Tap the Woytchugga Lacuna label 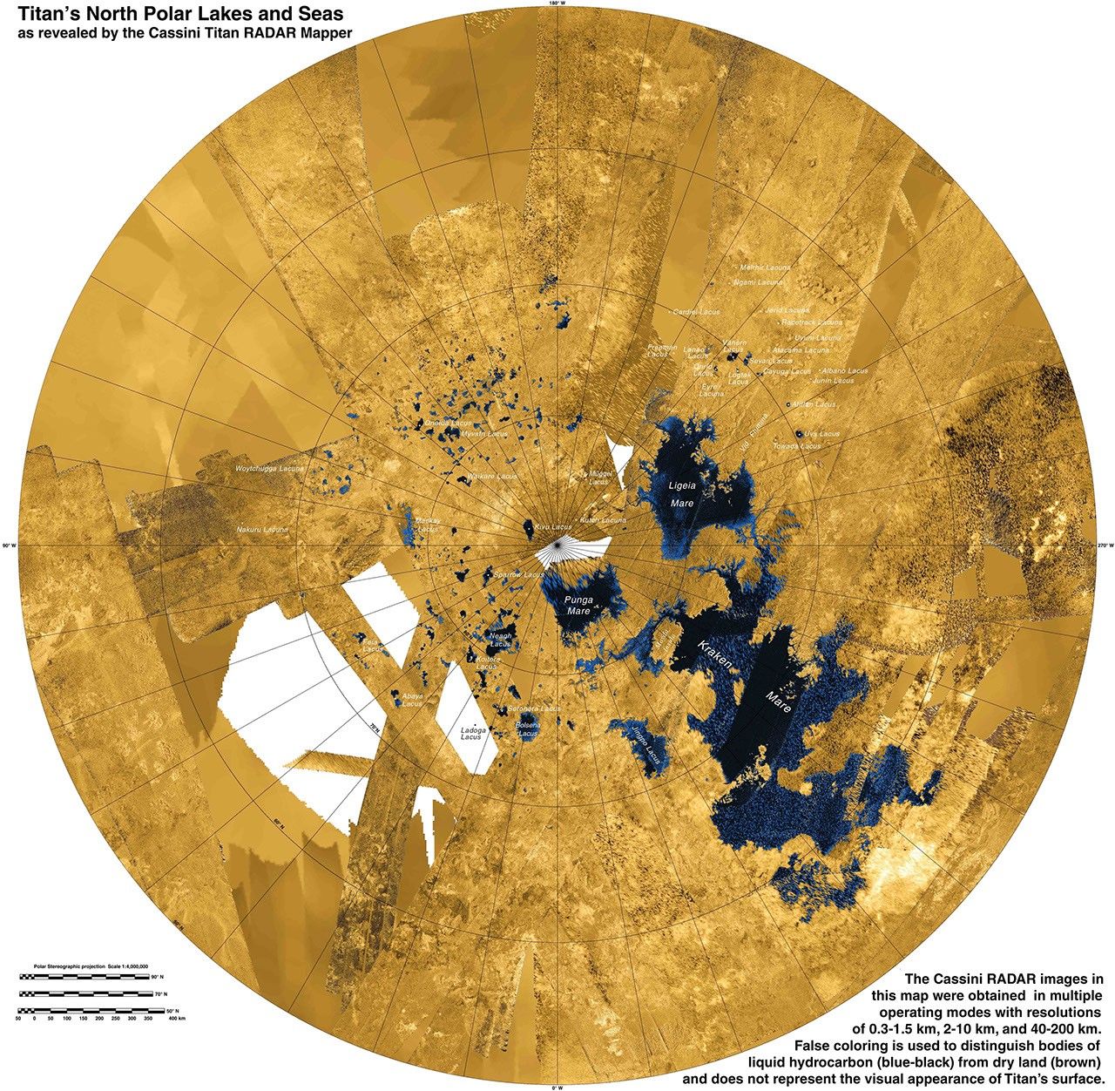click(271, 469)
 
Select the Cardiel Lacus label click(696, 311)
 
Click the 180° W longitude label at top click(558, 4)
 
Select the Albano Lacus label click(845, 371)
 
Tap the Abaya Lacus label click(412, 700)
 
